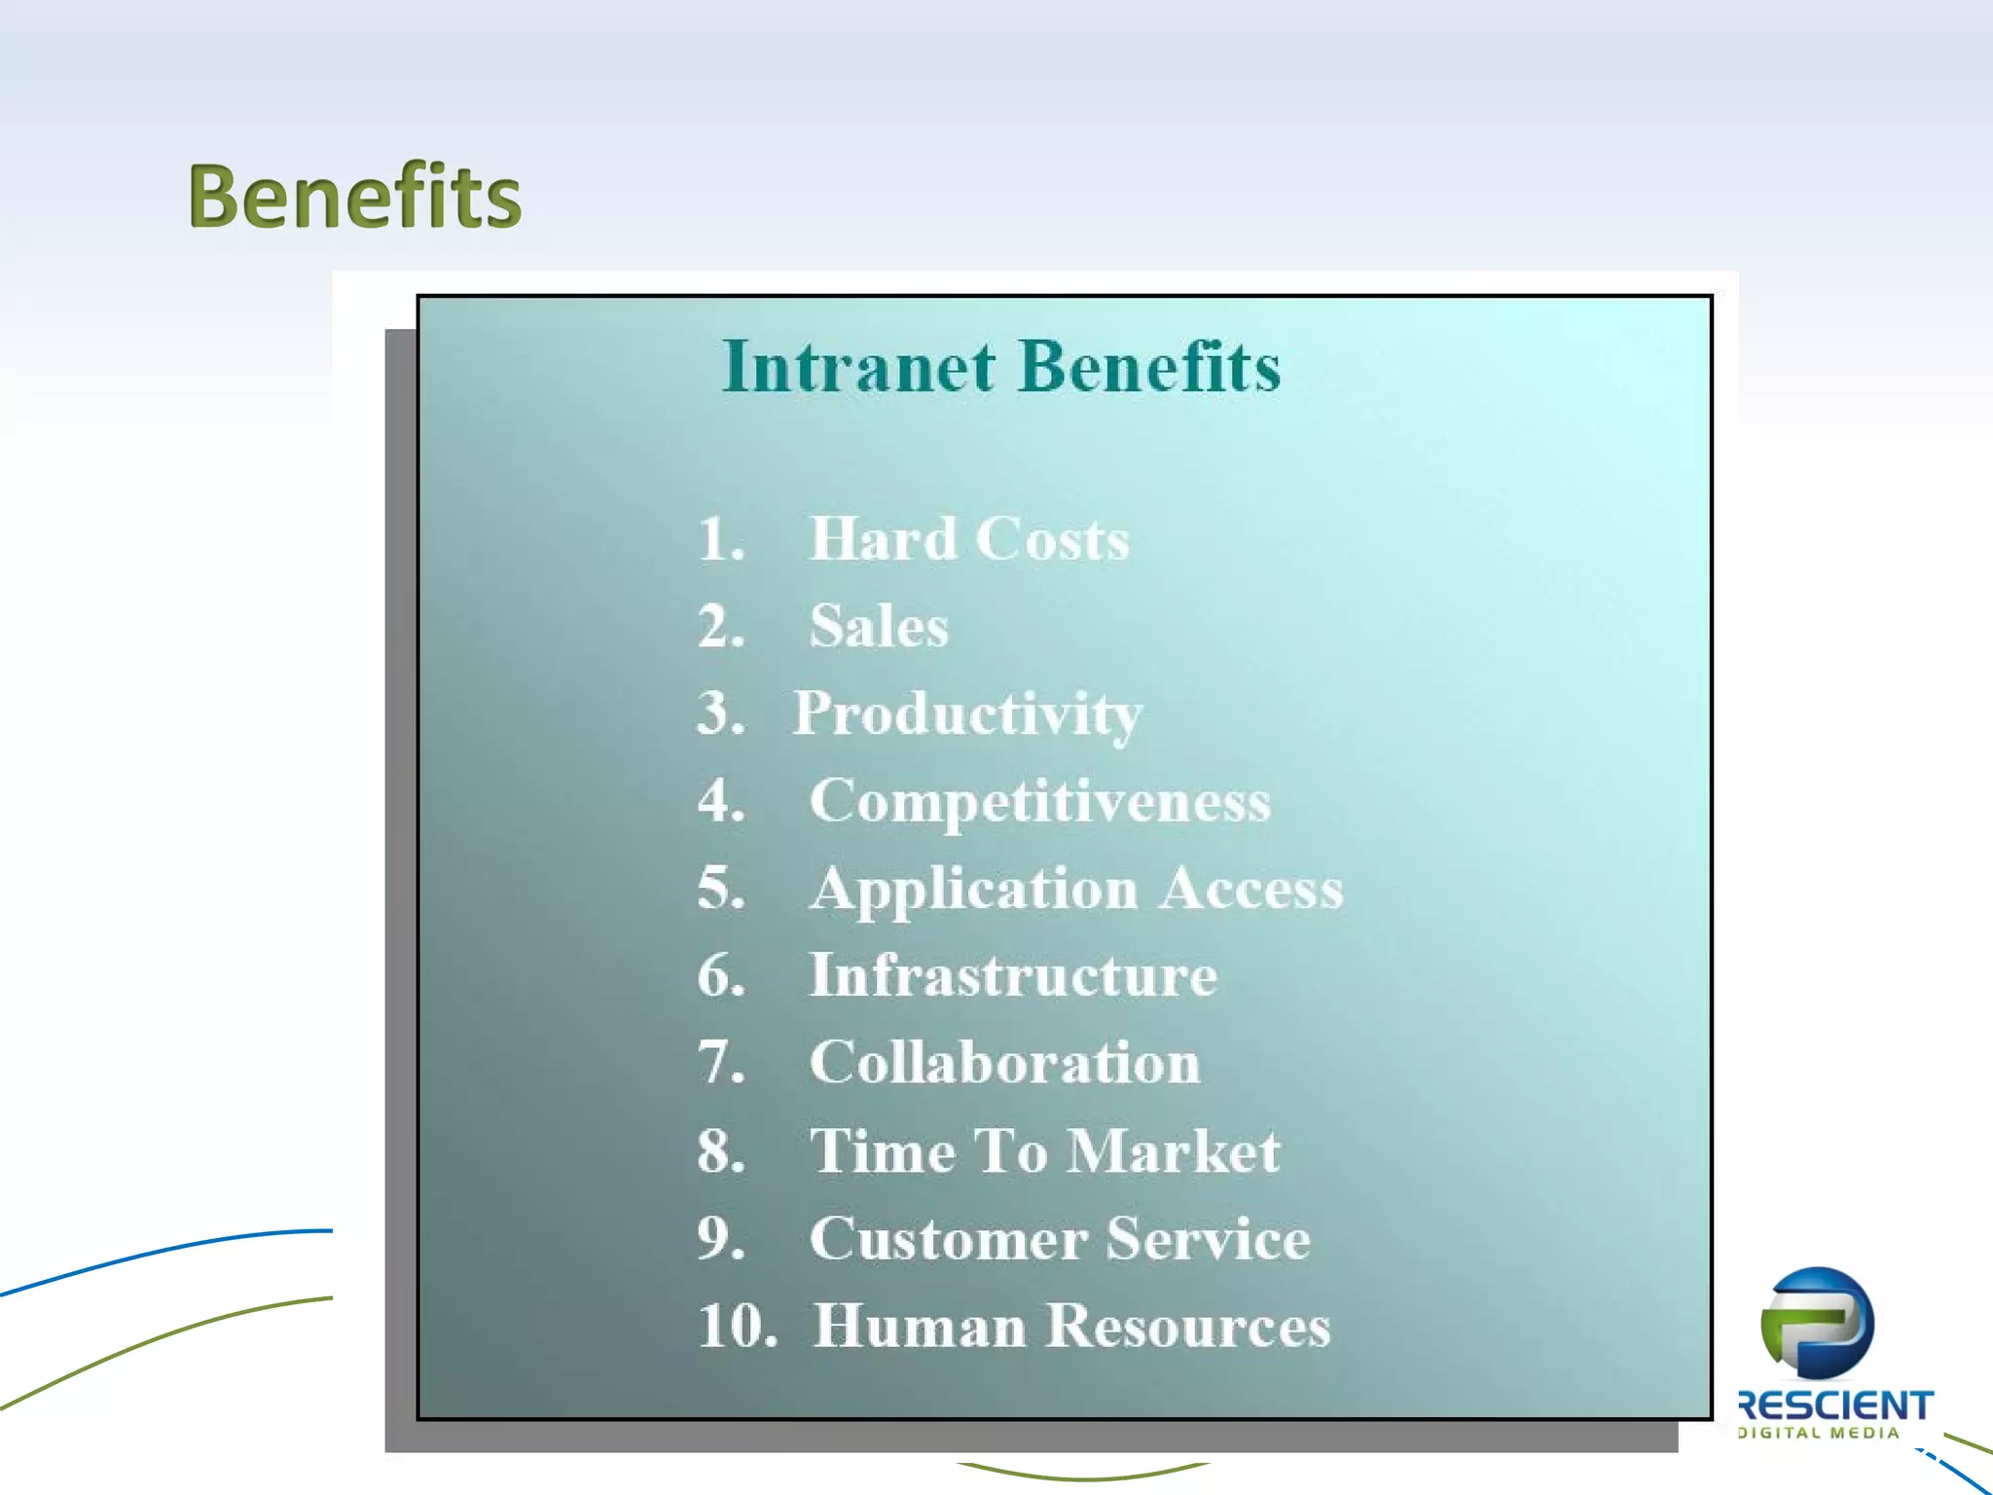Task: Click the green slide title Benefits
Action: (354, 198)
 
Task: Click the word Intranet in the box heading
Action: (858, 368)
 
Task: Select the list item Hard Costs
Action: (968, 539)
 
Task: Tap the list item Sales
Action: (878, 626)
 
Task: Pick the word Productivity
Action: (967, 714)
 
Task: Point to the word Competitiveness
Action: (1039, 801)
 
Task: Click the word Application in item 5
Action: (973, 889)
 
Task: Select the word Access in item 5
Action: (1250, 889)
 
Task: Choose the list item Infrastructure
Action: (1012, 975)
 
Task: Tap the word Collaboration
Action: (1004, 1063)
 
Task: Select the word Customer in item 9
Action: (948, 1239)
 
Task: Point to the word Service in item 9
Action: (1208, 1239)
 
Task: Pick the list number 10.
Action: (737, 1327)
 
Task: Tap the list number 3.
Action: (721, 713)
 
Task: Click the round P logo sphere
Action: (1817, 1324)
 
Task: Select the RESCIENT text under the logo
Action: (1835, 1405)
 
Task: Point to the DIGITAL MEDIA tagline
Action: (1819, 1433)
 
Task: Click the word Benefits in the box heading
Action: (1150, 368)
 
